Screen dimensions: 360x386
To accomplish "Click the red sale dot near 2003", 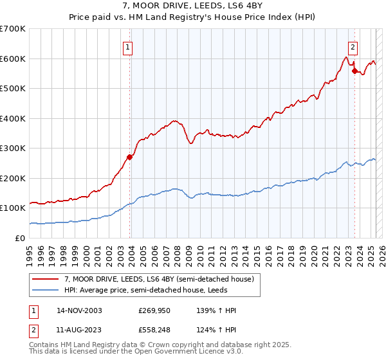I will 130,156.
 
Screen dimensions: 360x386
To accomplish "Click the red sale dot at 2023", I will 354,71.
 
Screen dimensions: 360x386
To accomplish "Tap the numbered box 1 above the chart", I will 128,46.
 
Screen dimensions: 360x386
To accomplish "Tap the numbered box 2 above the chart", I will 353,46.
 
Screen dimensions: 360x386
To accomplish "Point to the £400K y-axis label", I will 13,118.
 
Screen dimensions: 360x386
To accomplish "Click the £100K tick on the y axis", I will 13,208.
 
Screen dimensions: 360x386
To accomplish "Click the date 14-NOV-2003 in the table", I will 79,310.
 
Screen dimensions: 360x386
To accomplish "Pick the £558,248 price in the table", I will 156,331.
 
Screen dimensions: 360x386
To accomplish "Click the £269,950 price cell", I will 156,310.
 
